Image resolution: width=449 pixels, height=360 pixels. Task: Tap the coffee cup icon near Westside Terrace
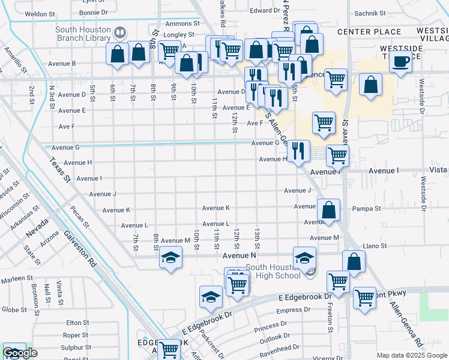click(x=401, y=61)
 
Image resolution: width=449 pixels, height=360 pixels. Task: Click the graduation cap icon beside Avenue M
click(x=171, y=259)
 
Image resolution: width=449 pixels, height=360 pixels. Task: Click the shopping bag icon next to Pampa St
click(x=329, y=211)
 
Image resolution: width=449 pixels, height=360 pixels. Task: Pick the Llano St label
click(x=375, y=246)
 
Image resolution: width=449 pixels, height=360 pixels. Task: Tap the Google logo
click(x=20, y=353)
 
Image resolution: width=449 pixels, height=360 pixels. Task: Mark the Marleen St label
click(x=17, y=278)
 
